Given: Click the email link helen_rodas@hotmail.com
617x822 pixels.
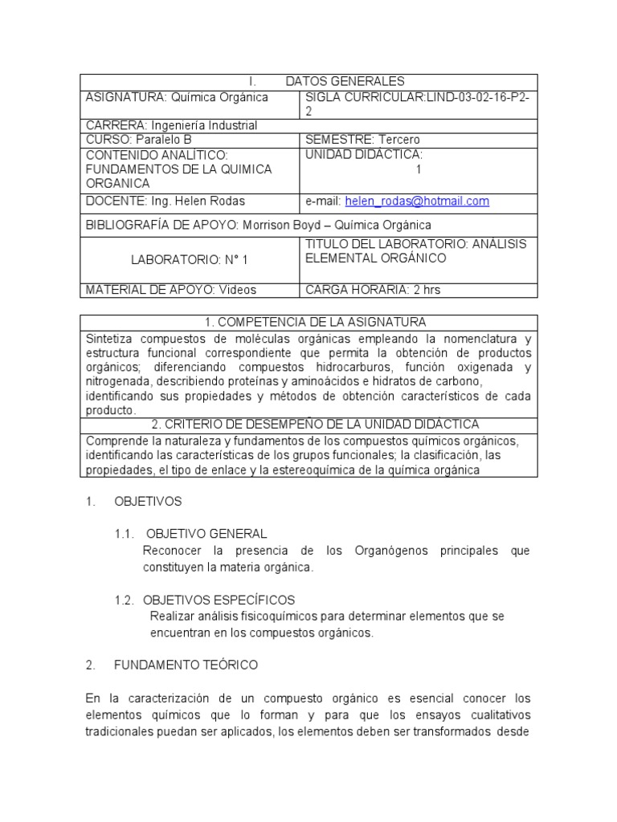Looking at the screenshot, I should [417, 201].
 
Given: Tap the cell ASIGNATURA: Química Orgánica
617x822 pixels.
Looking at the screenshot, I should [177, 97].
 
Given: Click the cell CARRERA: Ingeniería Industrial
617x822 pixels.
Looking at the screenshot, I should [171, 125].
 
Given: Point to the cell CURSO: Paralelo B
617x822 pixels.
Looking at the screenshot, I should [139, 140].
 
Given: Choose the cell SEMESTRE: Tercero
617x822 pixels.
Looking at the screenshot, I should [362, 140].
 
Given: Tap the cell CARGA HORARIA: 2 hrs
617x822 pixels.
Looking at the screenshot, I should [367, 290].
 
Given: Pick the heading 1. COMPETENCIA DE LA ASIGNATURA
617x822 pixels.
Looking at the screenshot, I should [308, 322].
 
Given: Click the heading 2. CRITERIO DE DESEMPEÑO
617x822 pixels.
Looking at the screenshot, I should [308, 424].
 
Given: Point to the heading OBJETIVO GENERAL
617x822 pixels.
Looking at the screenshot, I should [205, 534].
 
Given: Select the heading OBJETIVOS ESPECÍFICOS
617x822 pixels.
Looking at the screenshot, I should [219, 600].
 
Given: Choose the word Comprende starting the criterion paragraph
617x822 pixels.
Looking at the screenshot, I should [115, 441].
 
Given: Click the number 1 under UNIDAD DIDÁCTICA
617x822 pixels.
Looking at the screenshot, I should [418, 169].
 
